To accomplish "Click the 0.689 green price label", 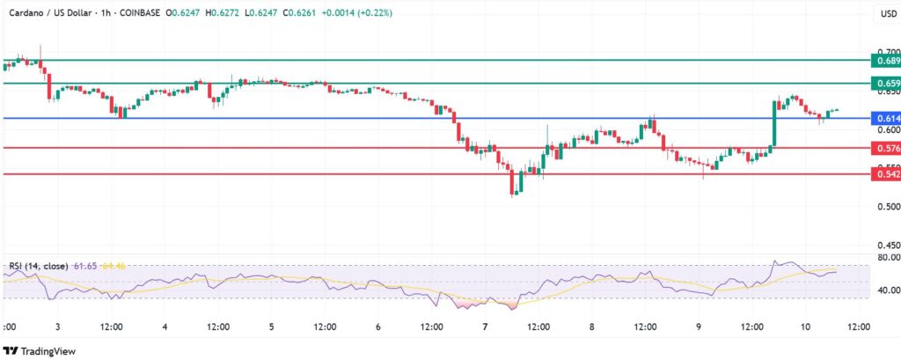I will [885, 61].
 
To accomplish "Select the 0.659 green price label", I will [885, 84].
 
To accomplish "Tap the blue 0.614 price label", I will [885, 118].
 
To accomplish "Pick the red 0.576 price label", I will [885, 149].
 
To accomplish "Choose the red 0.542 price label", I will [885, 174].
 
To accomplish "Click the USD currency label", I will [888, 13].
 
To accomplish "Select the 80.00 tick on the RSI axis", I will [884, 258].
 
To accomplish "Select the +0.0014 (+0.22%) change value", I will [360, 13].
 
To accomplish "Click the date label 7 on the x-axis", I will [485, 326].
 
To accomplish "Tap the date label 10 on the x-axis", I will [805, 326].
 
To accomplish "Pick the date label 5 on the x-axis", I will [271, 326].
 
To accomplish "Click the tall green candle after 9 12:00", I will [774, 123].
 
